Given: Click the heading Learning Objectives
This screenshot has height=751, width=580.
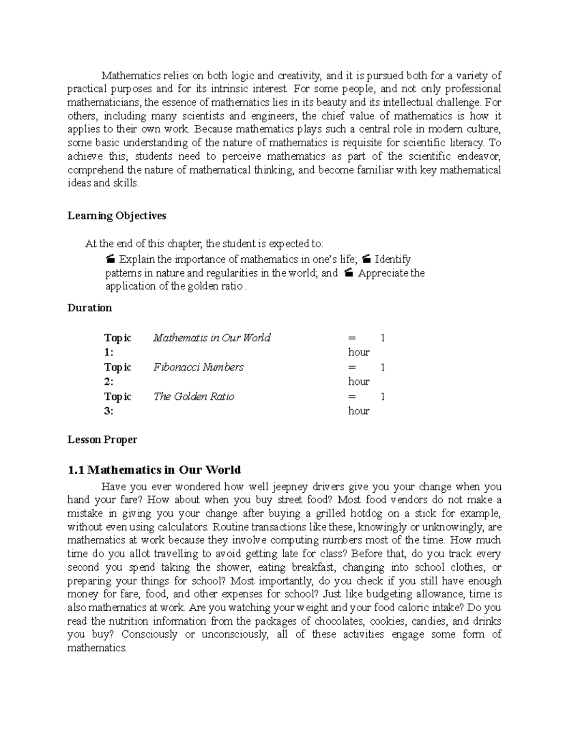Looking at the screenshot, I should pyautogui.click(x=116, y=216).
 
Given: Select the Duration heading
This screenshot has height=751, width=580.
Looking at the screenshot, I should pyautogui.click(x=89, y=308).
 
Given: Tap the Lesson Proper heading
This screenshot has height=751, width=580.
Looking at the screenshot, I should pyautogui.click(x=102, y=440).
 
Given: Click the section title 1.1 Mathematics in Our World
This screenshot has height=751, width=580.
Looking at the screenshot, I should pyautogui.click(x=154, y=470).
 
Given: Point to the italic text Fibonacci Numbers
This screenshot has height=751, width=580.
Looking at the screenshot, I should pyautogui.click(x=198, y=367).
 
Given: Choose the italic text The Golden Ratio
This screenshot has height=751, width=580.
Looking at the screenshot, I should pyautogui.click(x=193, y=397).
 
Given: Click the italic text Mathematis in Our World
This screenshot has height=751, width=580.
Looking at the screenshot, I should pyautogui.click(x=211, y=338).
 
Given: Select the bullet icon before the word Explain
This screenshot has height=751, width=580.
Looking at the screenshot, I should pyautogui.click(x=110, y=259).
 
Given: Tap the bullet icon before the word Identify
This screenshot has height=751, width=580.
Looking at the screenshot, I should pyautogui.click(x=366, y=259).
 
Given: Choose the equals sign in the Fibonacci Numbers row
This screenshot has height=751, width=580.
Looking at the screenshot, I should pyautogui.click(x=351, y=367).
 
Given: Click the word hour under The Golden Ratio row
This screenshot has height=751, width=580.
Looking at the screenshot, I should pyautogui.click(x=359, y=411).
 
